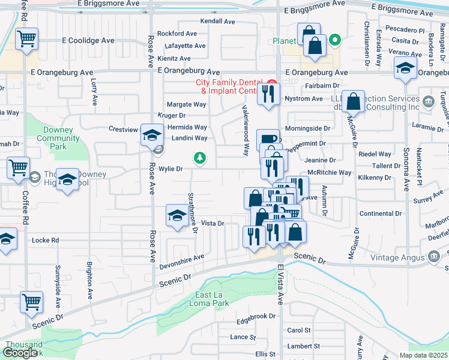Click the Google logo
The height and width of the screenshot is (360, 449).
pos(20,353)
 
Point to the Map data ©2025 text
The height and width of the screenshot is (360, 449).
pos(423,355)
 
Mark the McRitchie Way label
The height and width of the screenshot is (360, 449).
pos(329,172)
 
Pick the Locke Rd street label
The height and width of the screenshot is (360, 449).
pos(46,240)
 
